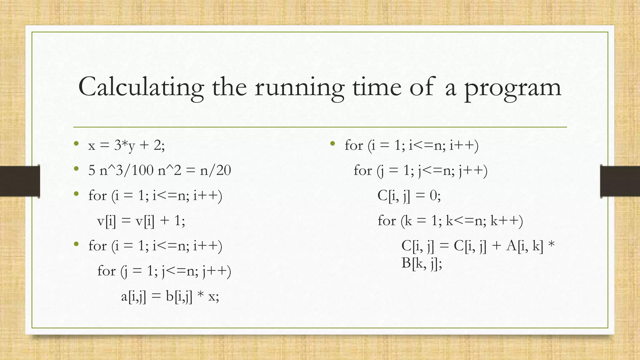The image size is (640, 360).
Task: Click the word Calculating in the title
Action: (141, 87)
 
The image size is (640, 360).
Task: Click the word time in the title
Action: (377, 87)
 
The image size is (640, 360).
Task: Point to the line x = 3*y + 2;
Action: (126, 145)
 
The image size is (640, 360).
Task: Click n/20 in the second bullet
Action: (215, 171)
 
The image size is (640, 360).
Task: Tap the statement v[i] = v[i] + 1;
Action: (141, 221)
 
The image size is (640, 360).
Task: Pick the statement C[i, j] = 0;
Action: (409, 196)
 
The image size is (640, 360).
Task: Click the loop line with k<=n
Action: (450, 221)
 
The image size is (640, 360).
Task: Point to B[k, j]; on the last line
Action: (422, 263)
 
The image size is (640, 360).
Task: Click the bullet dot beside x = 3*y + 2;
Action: (76, 144)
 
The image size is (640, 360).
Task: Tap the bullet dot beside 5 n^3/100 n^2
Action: (76, 169)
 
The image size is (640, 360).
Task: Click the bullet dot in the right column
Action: (332, 144)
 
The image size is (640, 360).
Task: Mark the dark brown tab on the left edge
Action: (20, 181)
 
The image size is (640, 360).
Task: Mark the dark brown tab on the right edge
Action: (620, 181)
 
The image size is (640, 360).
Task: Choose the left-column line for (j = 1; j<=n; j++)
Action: (164, 271)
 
